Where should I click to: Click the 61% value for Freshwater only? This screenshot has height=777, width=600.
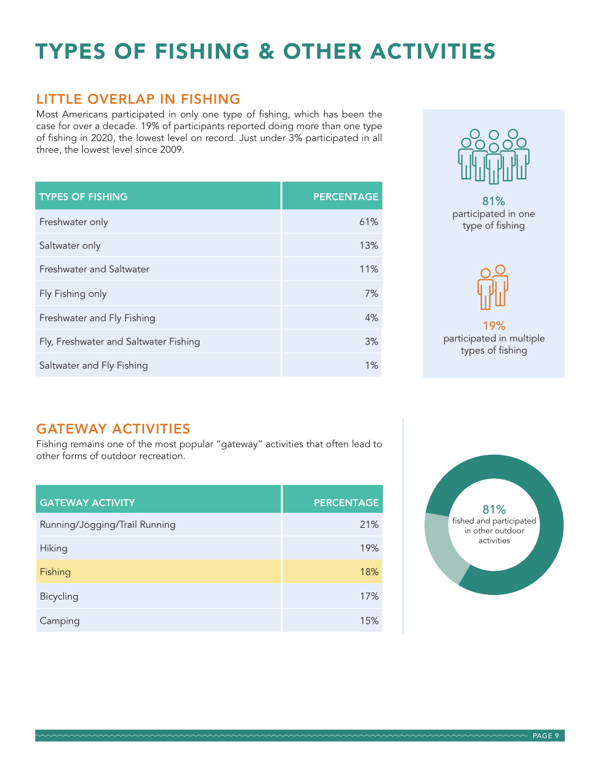point(368,222)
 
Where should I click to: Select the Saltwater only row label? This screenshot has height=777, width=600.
point(70,246)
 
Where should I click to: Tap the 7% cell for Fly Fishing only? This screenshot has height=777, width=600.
point(372,294)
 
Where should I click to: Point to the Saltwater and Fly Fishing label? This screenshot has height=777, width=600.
point(94,366)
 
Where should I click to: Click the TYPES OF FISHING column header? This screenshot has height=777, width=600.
point(83,197)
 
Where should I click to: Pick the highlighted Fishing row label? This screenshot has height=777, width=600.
point(55,572)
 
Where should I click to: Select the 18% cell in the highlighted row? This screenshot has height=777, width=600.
point(369,572)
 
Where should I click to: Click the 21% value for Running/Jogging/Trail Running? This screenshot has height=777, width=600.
point(369,525)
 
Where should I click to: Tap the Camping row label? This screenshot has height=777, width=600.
point(59,621)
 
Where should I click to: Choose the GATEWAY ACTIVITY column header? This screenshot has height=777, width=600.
point(87,502)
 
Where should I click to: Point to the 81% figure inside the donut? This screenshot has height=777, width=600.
point(494,510)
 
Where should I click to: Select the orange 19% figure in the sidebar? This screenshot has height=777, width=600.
point(494,326)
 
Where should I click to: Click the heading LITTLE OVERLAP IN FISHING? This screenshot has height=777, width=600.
point(138,99)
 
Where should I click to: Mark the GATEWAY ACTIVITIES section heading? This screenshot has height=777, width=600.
point(113,429)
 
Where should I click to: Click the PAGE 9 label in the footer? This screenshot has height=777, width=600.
point(545,736)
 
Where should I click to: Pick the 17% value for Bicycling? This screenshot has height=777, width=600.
point(369,596)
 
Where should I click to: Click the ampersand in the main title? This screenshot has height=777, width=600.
point(266,52)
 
